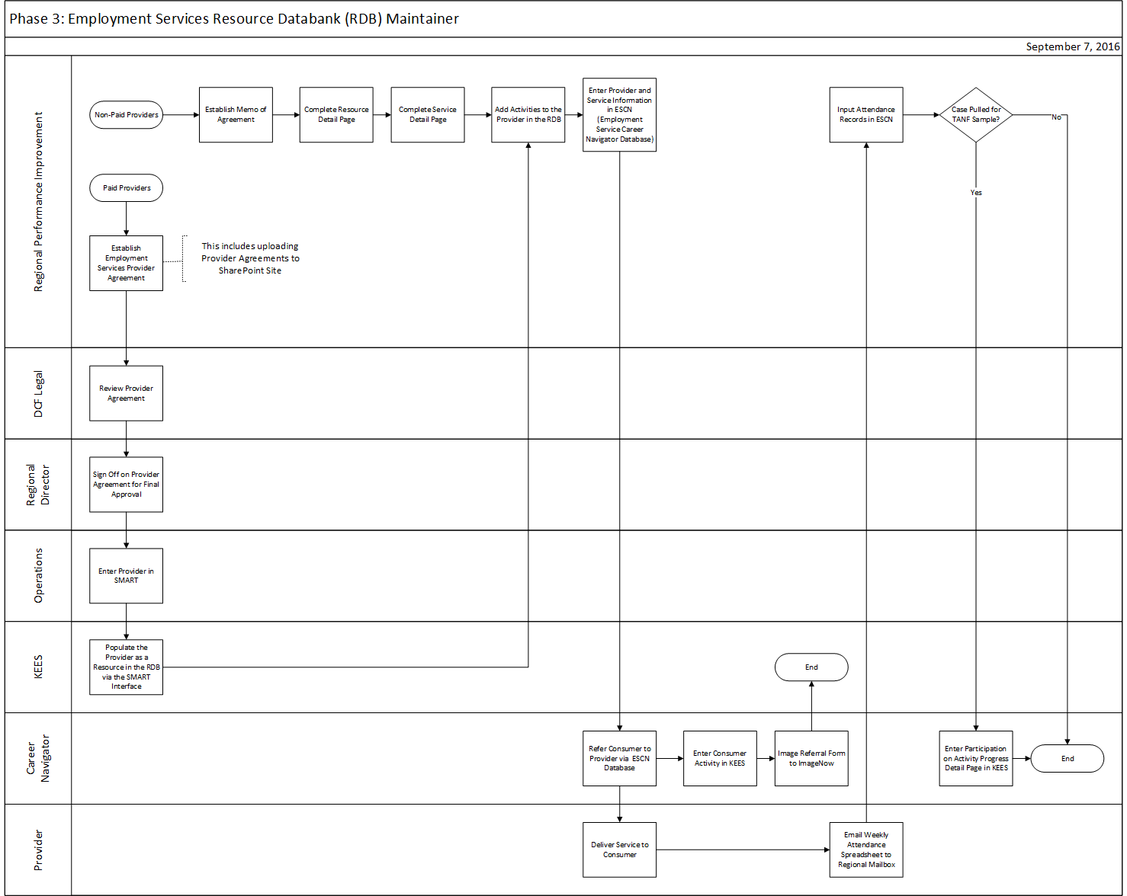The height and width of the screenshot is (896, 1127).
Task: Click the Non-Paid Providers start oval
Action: coord(126,115)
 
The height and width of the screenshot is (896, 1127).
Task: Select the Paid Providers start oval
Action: coord(126,188)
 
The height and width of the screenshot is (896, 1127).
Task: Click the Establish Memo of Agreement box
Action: coord(236,115)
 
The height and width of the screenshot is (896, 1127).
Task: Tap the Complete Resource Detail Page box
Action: coord(336,115)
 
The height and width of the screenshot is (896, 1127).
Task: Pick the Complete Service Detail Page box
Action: coord(428,115)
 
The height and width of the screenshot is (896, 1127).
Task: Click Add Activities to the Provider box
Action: coord(528,115)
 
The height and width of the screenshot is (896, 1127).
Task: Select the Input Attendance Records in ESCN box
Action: coord(866,115)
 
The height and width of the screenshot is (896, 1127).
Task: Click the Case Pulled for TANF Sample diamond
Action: coord(976,115)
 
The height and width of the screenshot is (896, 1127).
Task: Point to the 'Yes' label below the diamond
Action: coord(976,193)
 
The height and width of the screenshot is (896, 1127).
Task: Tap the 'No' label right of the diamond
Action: coord(1056,117)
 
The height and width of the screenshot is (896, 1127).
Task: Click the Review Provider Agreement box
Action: coord(126,393)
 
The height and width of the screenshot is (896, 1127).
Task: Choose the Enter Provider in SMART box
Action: coord(126,576)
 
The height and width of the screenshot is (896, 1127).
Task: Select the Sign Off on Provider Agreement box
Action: coord(126,485)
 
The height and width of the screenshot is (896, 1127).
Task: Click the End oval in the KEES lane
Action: coord(811,667)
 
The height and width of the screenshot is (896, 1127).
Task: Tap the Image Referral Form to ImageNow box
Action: coord(811,759)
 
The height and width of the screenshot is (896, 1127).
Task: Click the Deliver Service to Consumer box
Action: coord(619,850)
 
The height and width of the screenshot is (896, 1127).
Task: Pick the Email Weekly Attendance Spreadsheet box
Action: coord(866,850)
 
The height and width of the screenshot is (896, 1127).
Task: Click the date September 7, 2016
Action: coord(1072,46)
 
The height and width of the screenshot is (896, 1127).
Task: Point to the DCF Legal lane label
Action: coord(38,393)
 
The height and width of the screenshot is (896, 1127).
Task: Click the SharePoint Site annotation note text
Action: coord(250,258)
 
